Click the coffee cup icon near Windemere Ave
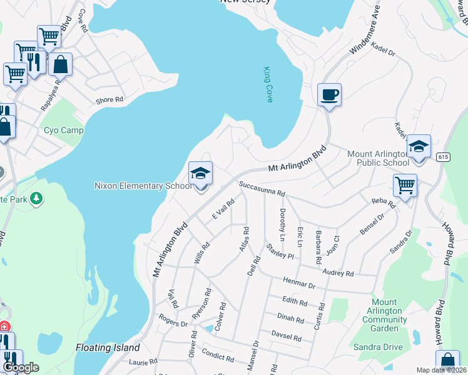pyautogui.click(x=329, y=96)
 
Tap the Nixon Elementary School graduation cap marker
pyautogui.click(x=201, y=174)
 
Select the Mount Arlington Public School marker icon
pyautogui.click(x=419, y=147)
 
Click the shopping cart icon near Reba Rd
pyautogui.click(x=405, y=186)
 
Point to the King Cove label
pyautogui.click(x=268, y=84)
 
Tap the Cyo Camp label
pyautogui.click(x=64, y=131)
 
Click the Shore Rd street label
pyautogui.click(x=109, y=99)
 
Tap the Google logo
pyautogui.click(x=21, y=367)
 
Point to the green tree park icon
pyautogui.click(x=37, y=198)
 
